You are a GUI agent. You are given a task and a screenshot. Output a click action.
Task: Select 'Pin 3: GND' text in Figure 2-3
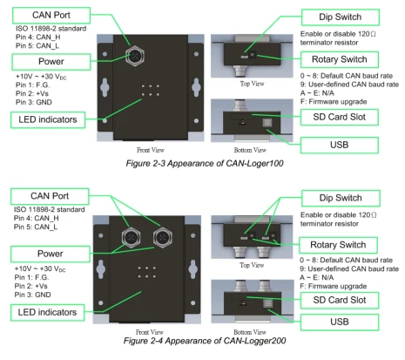point(38,101)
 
